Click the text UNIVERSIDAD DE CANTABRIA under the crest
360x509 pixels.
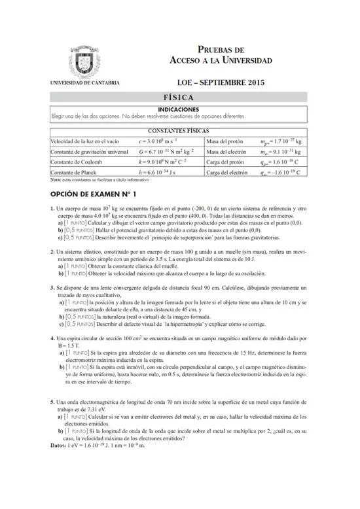(84, 83)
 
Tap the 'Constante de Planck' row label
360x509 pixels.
(73, 173)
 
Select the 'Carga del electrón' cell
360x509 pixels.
(227, 173)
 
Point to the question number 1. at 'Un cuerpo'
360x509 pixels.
(52, 209)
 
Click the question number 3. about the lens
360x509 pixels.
(52, 287)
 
